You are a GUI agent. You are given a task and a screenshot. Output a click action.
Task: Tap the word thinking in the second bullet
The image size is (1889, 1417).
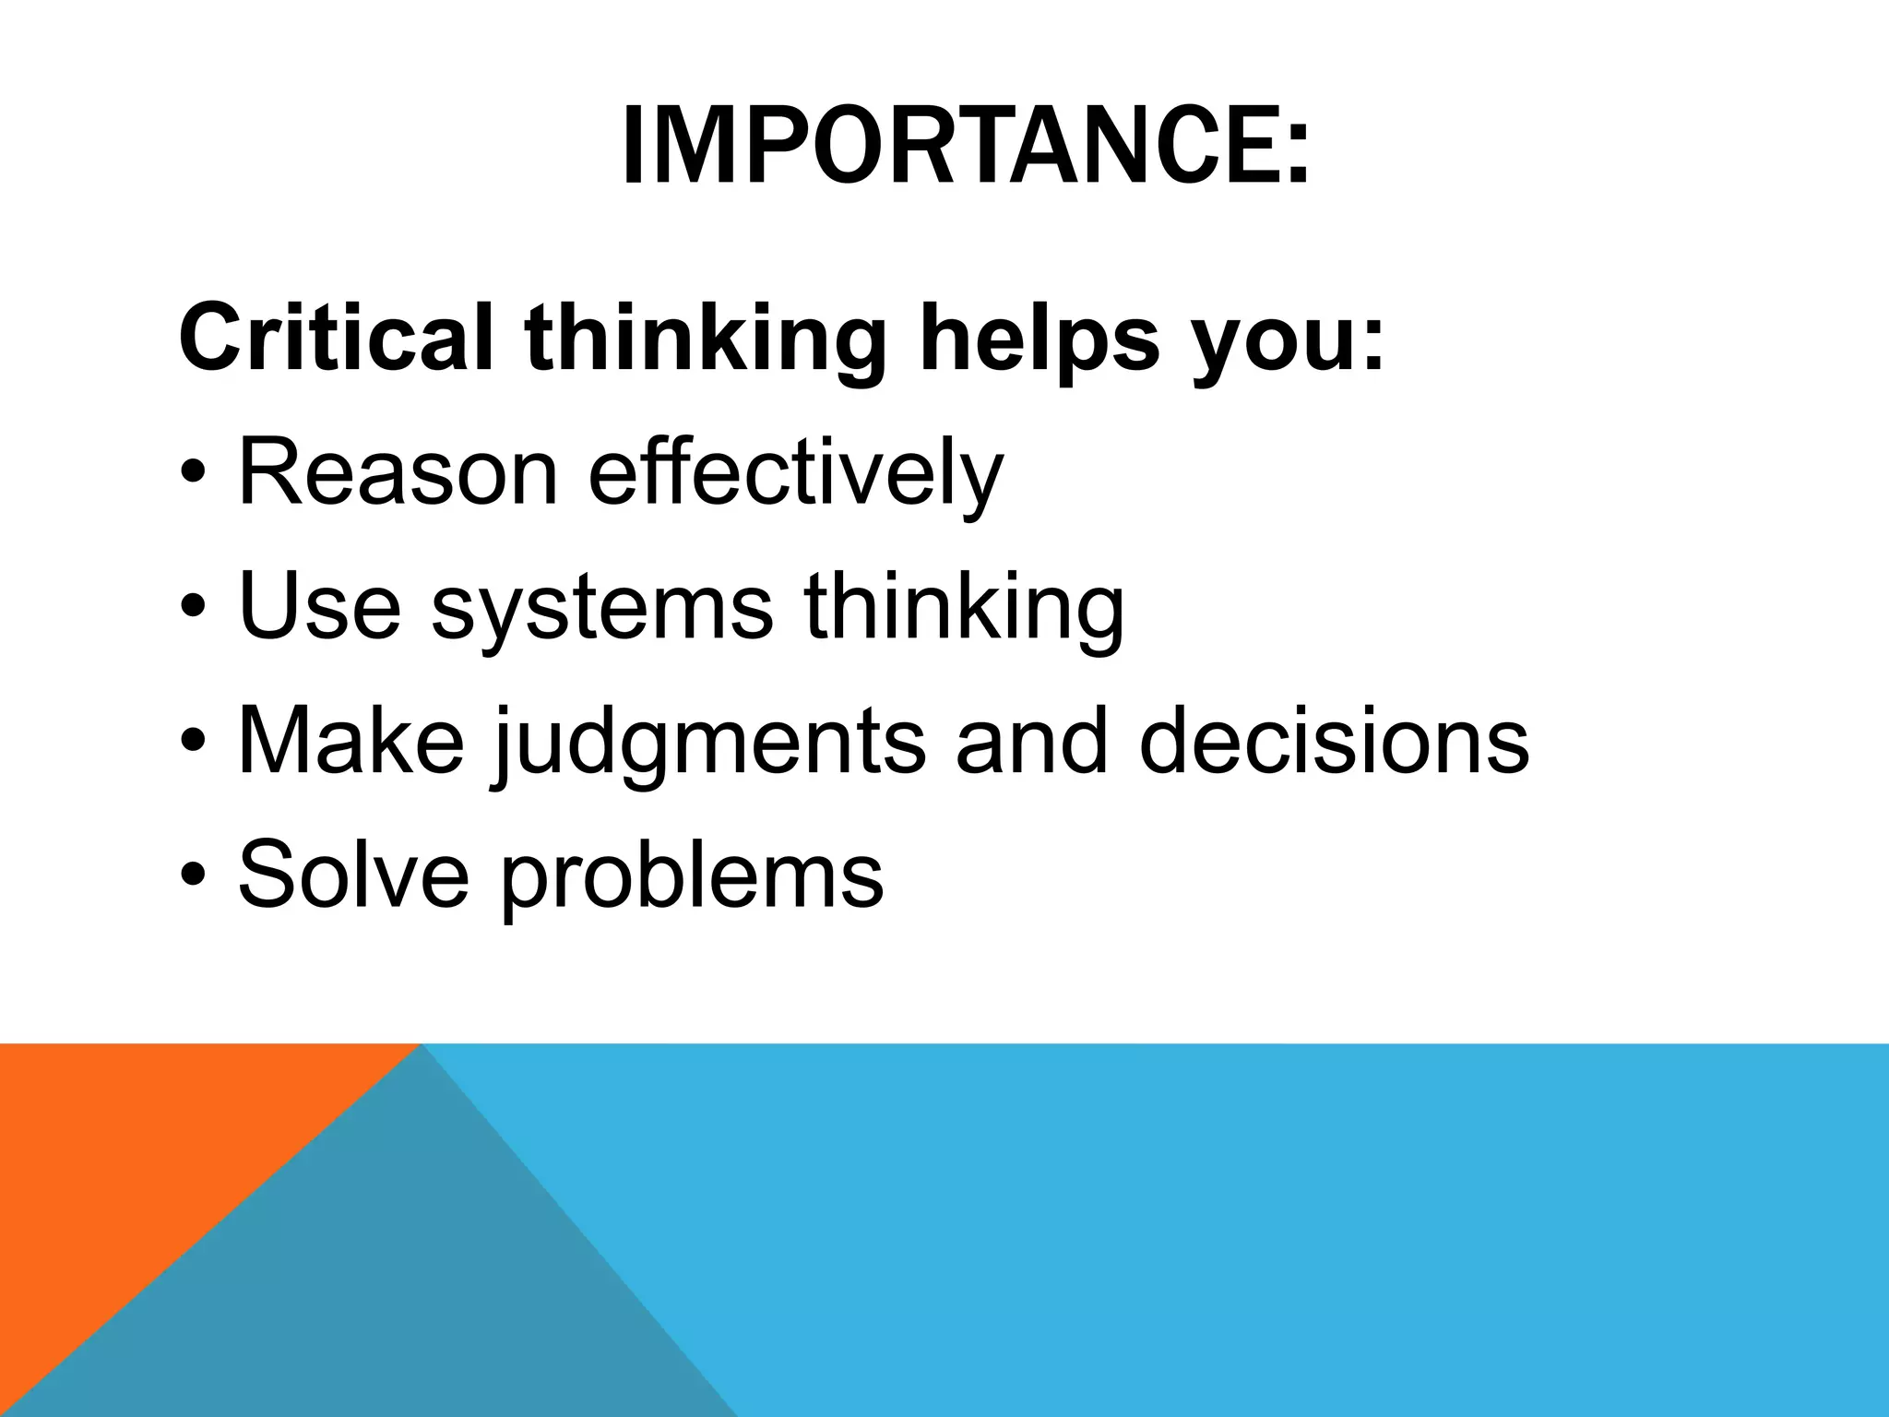(964, 606)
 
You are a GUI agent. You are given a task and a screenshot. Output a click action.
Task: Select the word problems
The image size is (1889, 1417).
(692, 875)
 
